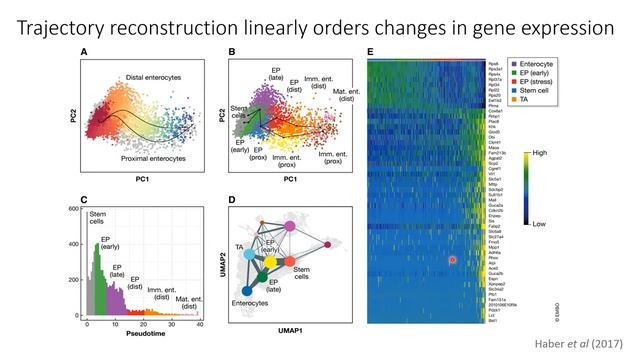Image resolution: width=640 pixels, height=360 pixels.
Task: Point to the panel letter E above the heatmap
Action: pos(371,51)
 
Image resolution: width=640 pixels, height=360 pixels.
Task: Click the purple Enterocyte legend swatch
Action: pos(515,63)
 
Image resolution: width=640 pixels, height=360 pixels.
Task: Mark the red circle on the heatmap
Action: pos(453,260)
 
